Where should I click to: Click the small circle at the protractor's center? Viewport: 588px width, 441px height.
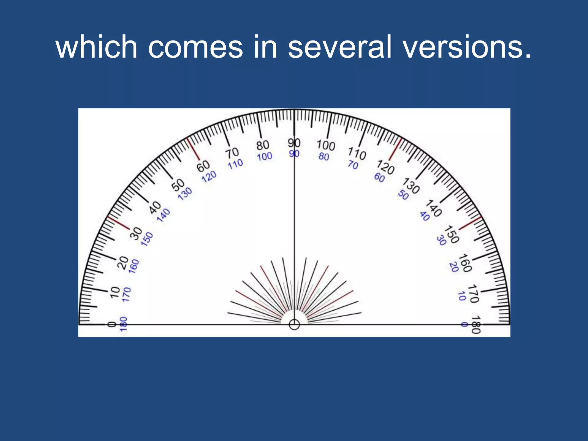pos(294,325)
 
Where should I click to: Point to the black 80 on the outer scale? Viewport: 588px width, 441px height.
pos(263,145)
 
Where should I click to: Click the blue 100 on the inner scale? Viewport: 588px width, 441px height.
pos(264,157)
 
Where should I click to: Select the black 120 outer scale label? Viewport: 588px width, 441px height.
pos(385,167)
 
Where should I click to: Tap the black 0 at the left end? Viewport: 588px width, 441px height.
pos(112,324)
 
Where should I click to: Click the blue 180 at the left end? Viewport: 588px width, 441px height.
pos(123,324)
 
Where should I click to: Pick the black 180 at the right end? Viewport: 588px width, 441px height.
pos(476,325)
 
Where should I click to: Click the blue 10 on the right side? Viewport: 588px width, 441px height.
pos(462,296)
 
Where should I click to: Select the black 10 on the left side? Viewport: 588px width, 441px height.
pos(115,292)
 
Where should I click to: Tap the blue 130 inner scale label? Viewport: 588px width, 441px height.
pos(185,194)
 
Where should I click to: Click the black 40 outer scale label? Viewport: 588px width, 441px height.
pos(155,207)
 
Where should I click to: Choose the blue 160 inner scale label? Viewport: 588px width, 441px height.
pos(134,266)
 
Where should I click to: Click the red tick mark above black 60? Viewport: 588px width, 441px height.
pos(193,148)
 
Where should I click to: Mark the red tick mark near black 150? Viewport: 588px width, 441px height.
pos(470,223)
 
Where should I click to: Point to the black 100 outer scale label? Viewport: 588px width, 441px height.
pos(326,145)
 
